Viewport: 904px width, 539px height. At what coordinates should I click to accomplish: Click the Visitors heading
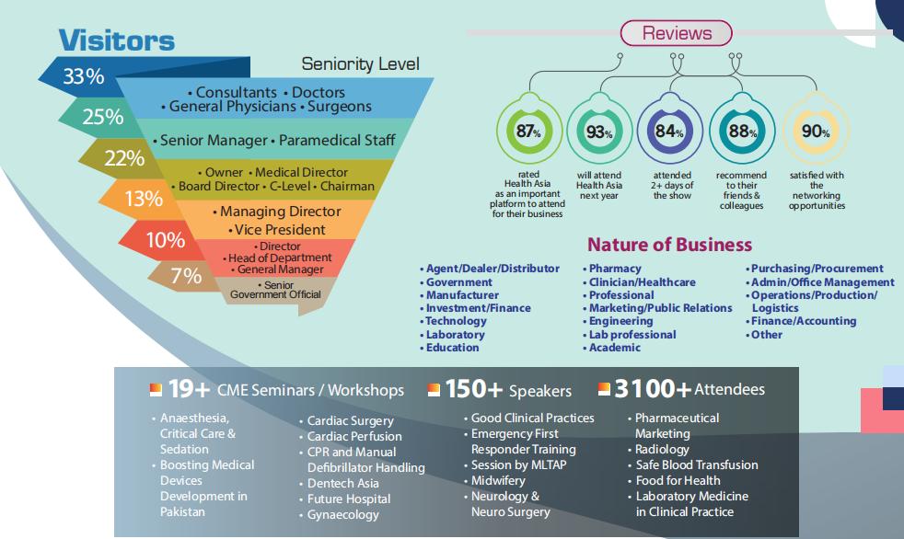(116, 40)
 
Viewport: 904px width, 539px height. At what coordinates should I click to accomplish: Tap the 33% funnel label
(83, 77)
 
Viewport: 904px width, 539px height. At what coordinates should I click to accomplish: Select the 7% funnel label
(186, 276)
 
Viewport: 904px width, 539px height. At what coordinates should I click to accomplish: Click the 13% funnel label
(144, 198)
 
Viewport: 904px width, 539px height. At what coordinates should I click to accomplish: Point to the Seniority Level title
(360, 63)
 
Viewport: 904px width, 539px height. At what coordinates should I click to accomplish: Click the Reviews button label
(677, 34)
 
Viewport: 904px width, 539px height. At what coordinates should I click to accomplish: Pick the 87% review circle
(527, 132)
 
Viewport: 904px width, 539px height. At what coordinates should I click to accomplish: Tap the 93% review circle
(599, 132)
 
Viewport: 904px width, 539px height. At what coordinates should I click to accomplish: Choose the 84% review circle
(671, 131)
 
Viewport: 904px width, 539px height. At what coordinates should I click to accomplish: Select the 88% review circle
(742, 131)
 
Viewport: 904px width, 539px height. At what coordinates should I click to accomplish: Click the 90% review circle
(815, 132)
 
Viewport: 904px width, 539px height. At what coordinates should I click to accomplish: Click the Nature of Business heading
(669, 245)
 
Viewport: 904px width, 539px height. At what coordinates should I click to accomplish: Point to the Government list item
(458, 282)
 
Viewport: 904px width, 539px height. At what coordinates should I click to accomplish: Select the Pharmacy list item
(614, 269)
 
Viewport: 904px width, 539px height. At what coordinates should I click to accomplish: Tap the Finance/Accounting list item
(803, 321)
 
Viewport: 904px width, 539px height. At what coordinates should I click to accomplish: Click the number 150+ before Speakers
(473, 390)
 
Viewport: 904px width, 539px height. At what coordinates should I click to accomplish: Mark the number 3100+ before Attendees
(652, 390)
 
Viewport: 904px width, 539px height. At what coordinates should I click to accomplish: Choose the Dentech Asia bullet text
(342, 483)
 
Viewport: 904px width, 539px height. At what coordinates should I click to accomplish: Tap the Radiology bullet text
(662, 449)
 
